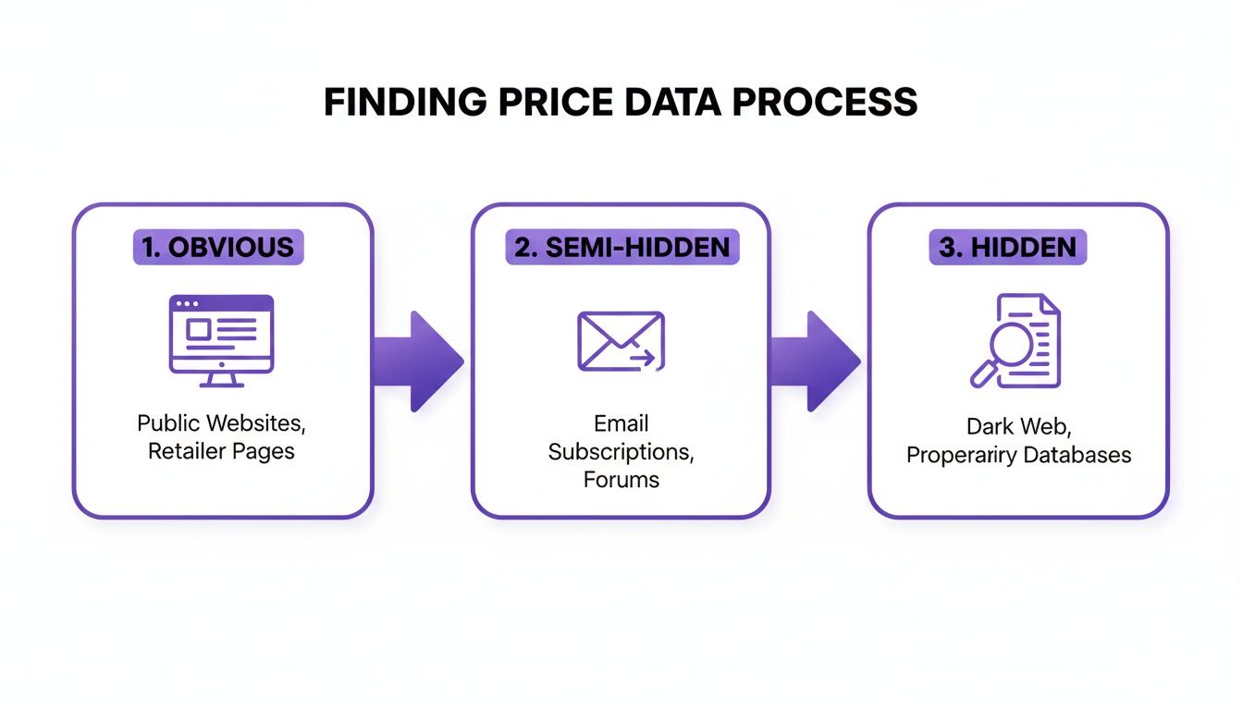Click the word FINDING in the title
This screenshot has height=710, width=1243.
coord(405,102)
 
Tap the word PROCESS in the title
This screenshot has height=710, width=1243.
coord(825,102)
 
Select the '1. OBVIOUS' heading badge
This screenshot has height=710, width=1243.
coord(218,247)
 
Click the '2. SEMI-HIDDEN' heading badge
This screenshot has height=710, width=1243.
coord(622,247)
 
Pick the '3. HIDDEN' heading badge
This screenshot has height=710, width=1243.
coord(1008,247)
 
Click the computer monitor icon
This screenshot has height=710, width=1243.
coord(221,340)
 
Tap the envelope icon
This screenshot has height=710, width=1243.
coord(621,341)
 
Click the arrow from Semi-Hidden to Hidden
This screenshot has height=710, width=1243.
coord(816,361)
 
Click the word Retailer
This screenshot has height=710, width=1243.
coord(187,451)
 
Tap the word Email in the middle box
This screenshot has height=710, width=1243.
coord(621,423)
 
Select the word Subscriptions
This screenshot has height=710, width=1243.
coord(621,452)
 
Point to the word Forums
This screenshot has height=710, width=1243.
coord(621,480)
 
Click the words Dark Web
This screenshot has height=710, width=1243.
coord(1019,426)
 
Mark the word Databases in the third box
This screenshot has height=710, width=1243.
coord(1077,455)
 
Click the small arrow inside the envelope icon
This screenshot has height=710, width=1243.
coord(643,357)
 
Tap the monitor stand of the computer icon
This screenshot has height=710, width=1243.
coord(221,380)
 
